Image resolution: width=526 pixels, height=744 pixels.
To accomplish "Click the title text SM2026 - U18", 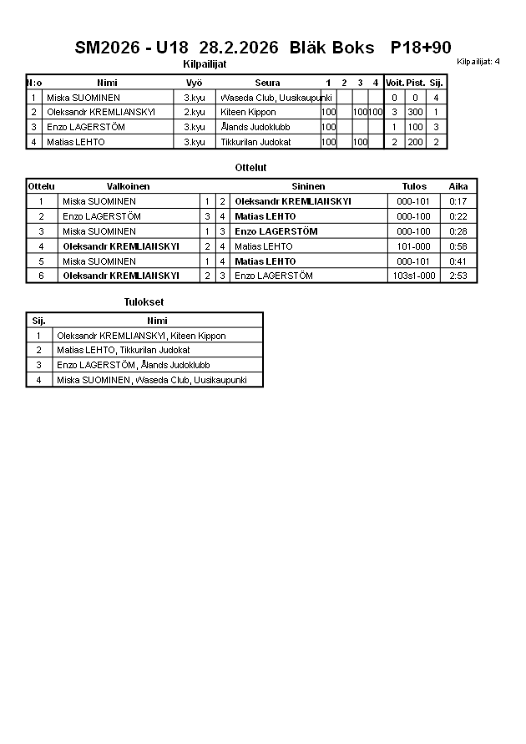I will click(132, 48).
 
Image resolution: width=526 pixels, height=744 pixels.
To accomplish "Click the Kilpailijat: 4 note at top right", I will click(478, 62).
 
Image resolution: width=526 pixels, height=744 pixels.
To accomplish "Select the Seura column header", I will click(267, 83).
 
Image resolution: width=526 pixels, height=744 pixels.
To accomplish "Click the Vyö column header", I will click(194, 83).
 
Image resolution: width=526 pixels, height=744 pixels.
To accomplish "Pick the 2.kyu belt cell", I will click(194, 112).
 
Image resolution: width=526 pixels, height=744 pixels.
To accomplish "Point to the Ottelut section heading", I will click(250, 168).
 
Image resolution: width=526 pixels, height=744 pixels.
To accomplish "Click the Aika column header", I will click(458, 186).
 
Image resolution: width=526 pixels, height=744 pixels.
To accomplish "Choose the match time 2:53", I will click(458, 276).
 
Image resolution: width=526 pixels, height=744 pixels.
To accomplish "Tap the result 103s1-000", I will click(414, 276).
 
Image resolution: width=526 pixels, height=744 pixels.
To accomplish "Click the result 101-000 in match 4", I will click(414, 246).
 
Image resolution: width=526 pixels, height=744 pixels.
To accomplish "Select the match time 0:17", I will click(458, 201).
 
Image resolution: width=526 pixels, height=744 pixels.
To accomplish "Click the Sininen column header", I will click(308, 186).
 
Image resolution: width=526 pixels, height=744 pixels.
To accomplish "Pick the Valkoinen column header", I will click(128, 186).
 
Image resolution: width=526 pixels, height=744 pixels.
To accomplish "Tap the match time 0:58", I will click(458, 246).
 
